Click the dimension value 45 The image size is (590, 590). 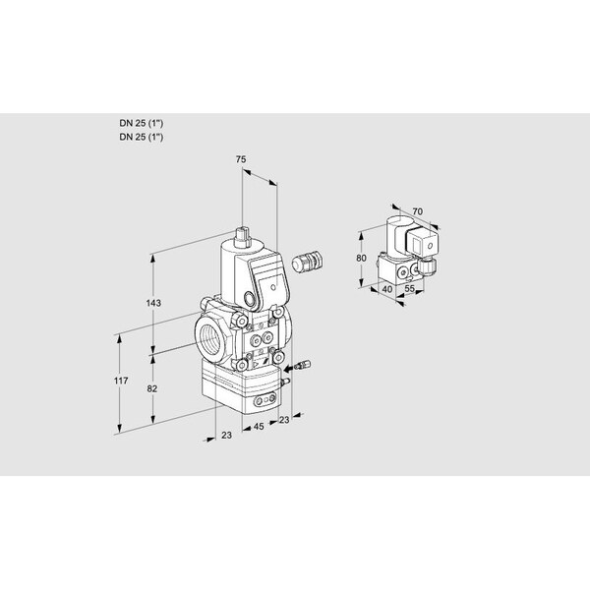(x=258, y=426)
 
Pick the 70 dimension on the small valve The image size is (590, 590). (x=416, y=210)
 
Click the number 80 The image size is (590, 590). (x=361, y=258)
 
